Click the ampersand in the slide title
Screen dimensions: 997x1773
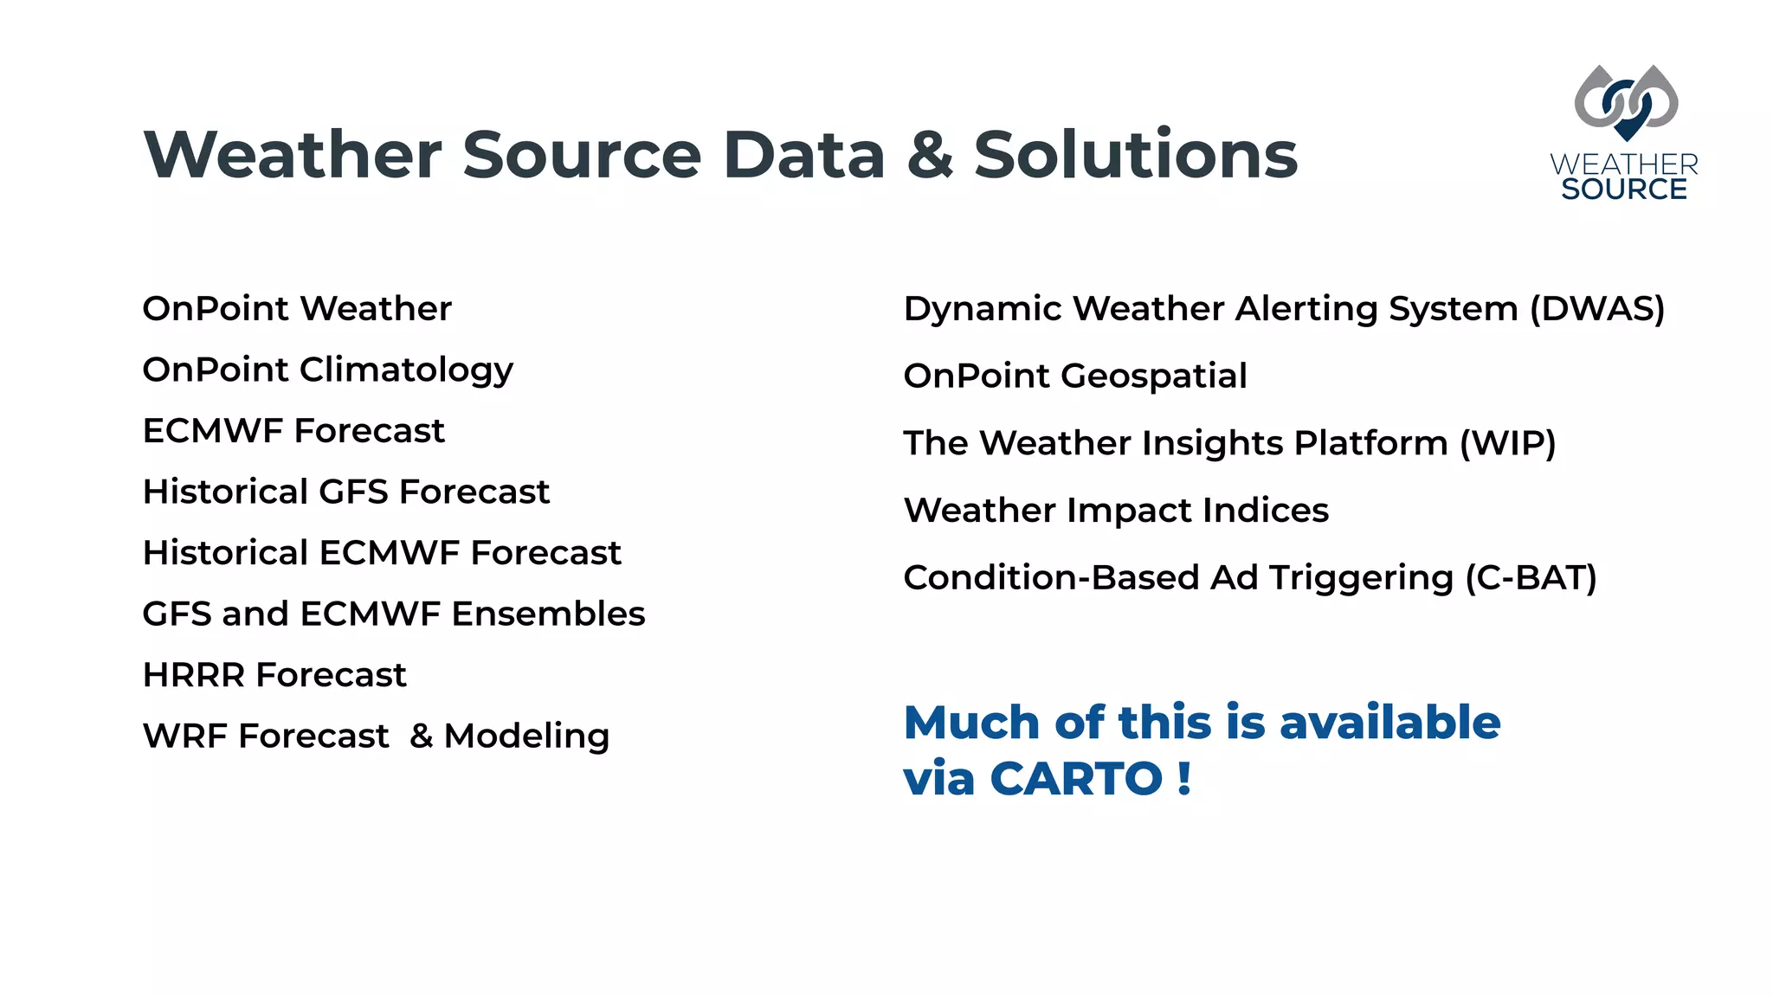(x=930, y=156)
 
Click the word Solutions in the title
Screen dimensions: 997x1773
(x=1135, y=156)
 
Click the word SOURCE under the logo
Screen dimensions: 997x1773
(x=1624, y=190)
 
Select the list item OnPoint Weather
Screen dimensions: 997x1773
(x=297, y=309)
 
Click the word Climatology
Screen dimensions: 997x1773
(x=406, y=370)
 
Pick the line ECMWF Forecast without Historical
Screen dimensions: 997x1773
(x=293, y=431)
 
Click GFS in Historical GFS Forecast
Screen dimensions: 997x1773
(x=353, y=492)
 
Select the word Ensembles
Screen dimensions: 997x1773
(x=548, y=614)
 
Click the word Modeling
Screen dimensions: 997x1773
(x=526, y=736)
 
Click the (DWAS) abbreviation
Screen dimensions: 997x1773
(x=1597, y=309)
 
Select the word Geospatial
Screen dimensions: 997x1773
(x=1153, y=376)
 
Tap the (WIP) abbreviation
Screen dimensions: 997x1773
(x=1507, y=443)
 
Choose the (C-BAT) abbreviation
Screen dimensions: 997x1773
(x=1531, y=578)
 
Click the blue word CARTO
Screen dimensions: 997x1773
(x=1076, y=778)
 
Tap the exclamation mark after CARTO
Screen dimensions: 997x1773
(x=1184, y=778)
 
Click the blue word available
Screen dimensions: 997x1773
(x=1389, y=723)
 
